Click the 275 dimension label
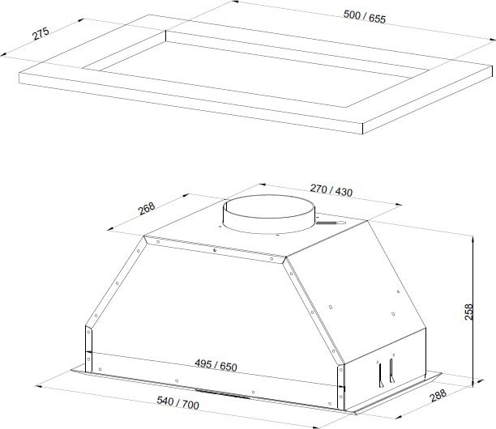click(x=41, y=33)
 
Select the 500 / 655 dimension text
click(x=365, y=17)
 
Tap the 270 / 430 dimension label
click(x=331, y=190)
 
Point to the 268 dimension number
click(x=147, y=208)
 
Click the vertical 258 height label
click(x=468, y=312)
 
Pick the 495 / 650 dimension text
click(x=216, y=365)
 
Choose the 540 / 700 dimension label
click(x=177, y=402)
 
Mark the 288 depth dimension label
click(x=438, y=395)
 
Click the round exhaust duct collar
click(x=269, y=214)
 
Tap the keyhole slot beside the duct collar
click(x=331, y=223)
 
